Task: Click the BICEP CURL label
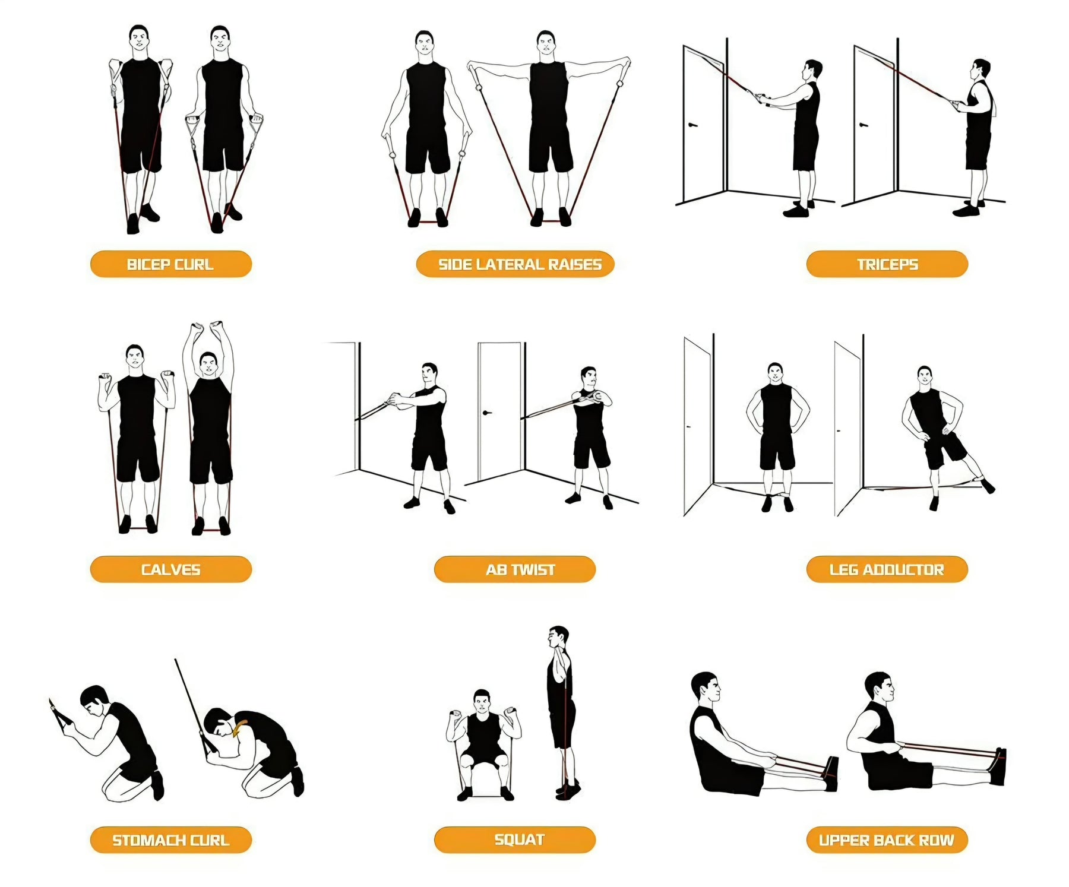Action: click(171, 264)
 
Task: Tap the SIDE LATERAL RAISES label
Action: click(515, 264)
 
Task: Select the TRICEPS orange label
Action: click(887, 264)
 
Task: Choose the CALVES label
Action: click(171, 569)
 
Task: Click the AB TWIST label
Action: click(515, 569)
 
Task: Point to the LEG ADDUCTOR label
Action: click(887, 569)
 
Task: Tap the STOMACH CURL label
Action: click(171, 840)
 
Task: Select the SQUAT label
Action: click(515, 840)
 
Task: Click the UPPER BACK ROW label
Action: click(887, 840)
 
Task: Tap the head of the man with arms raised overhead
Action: click(208, 364)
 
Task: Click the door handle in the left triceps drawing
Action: click(692, 125)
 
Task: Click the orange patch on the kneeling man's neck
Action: click(241, 727)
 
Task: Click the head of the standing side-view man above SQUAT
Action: click(558, 638)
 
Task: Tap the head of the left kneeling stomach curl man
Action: click(95, 701)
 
